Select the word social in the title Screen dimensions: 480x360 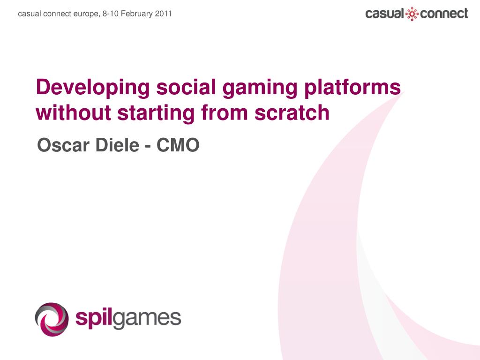point(186,87)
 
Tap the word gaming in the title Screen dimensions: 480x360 point(260,88)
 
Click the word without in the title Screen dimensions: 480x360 point(73,112)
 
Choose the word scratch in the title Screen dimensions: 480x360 point(292,112)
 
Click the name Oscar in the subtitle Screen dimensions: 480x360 point(63,145)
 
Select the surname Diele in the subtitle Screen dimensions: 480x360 point(117,145)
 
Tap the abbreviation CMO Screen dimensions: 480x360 point(178,145)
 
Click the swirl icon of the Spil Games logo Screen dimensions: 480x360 point(52,319)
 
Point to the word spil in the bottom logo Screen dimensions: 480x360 point(94,319)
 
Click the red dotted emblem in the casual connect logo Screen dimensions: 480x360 point(412,14)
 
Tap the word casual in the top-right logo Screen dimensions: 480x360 point(385,14)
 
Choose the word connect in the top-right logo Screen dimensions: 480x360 point(444,14)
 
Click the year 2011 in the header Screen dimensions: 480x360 point(163,14)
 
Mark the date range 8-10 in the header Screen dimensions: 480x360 point(111,14)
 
